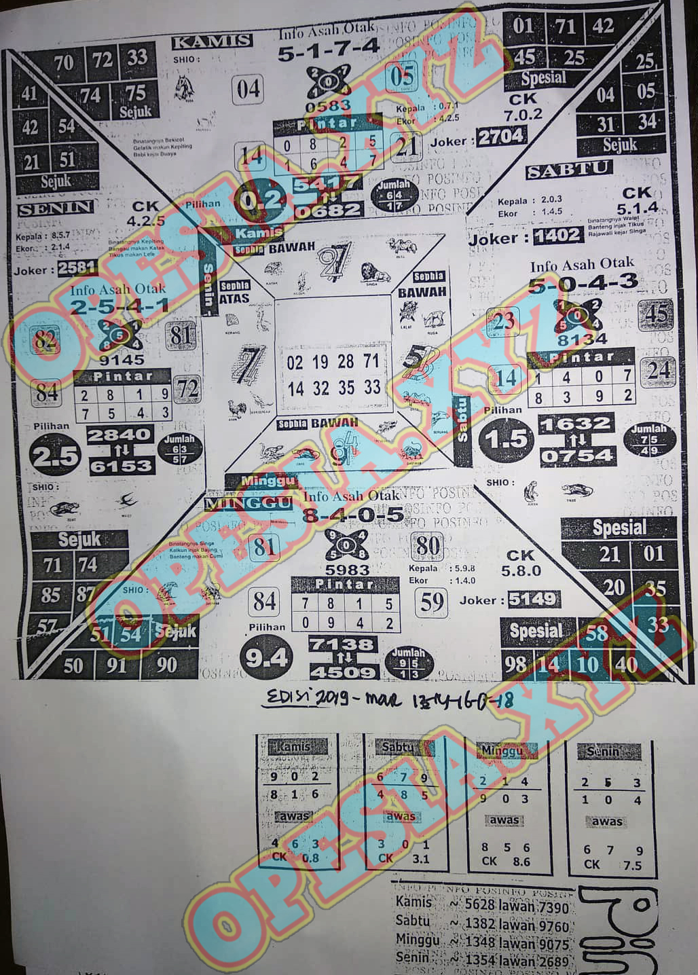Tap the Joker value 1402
tap(557, 236)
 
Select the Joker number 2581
tap(77, 269)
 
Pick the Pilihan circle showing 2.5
tap(55, 456)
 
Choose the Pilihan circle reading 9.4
tap(265, 657)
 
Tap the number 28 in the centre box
tap(346, 361)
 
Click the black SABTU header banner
tap(569, 170)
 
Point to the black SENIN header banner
tap(55, 208)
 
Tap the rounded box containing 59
tap(432, 602)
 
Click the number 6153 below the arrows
tap(120, 466)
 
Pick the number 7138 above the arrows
tap(342, 644)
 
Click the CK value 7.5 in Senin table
tap(632, 865)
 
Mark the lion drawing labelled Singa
tap(375, 273)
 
